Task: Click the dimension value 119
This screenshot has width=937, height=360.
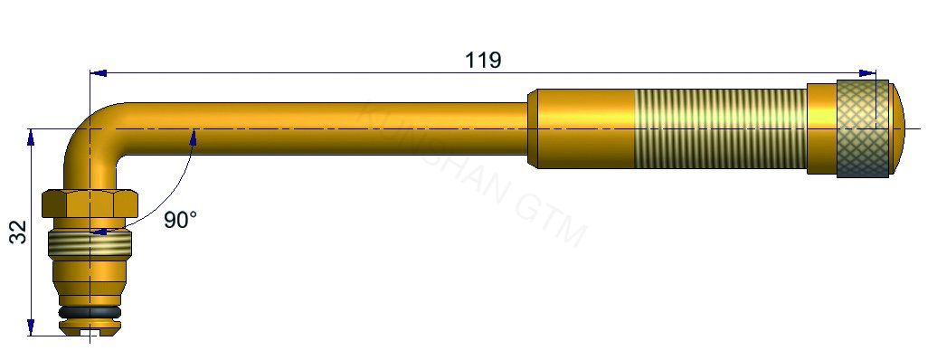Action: (483, 61)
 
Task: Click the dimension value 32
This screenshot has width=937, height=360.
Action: (19, 232)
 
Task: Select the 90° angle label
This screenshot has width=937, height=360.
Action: (180, 220)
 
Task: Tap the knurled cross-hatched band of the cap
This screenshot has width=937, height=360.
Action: (861, 129)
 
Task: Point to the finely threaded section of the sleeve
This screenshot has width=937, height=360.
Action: (719, 129)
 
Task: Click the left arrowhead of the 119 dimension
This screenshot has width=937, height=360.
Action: (98, 72)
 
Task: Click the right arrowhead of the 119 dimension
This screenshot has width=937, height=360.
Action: (869, 72)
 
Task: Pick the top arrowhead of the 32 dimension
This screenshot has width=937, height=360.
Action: (32, 136)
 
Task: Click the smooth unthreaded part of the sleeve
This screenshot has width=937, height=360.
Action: (579, 129)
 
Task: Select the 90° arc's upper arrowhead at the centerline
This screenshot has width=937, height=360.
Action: (193, 136)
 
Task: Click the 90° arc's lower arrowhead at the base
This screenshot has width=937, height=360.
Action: (101, 232)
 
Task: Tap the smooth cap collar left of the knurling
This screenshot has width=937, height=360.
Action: (821, 129)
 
